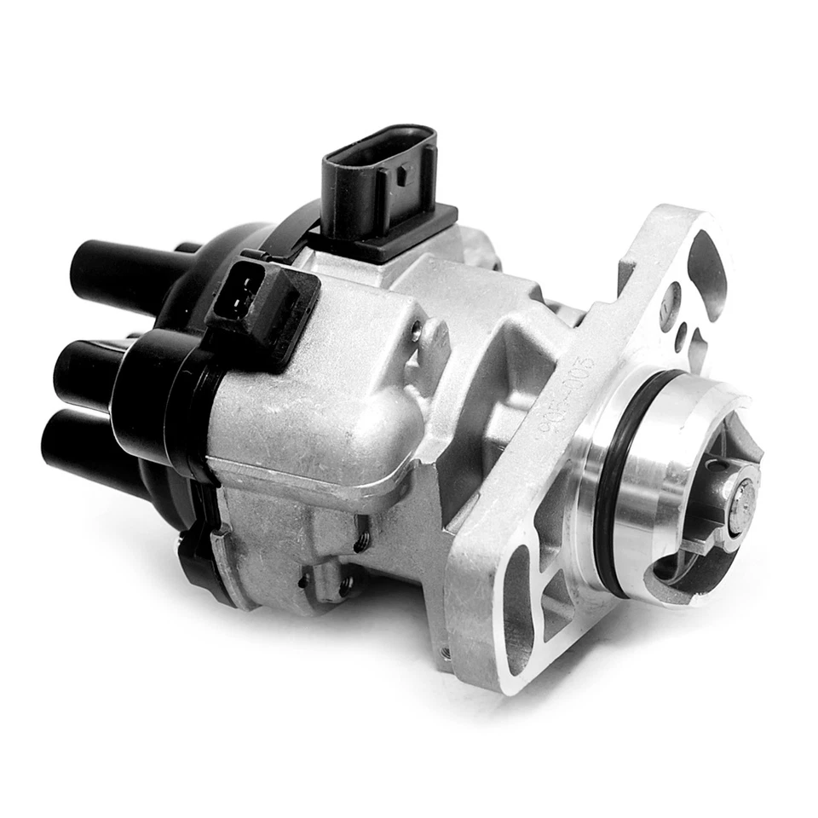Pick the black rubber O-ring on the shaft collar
(x=611, y=477)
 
